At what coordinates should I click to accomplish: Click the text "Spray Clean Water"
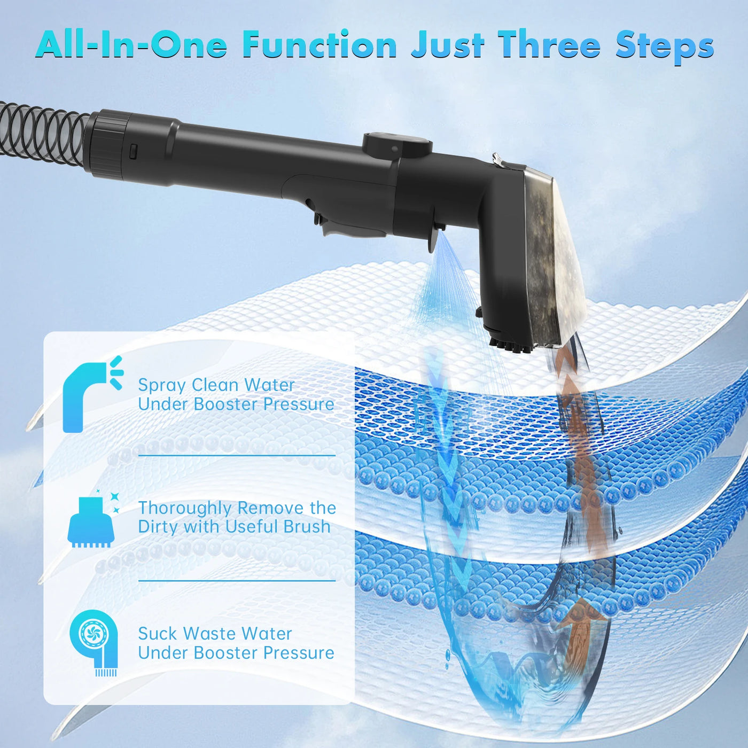(216, 385)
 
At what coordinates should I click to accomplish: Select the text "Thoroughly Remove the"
(237, 508)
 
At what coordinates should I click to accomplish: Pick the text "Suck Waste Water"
(215, 634)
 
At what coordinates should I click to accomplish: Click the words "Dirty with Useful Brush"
(234, 527)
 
